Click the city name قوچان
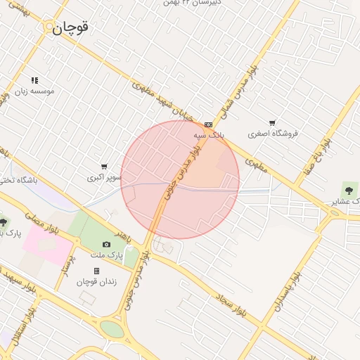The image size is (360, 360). pos(72,27)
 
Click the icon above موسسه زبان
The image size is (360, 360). pos(34,80)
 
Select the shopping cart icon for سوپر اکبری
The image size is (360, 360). pos(104,167)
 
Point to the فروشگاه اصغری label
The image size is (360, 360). pos(274,133)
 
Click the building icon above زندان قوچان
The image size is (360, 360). pos(96,271)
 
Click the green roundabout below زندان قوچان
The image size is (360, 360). pos(110,328)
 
